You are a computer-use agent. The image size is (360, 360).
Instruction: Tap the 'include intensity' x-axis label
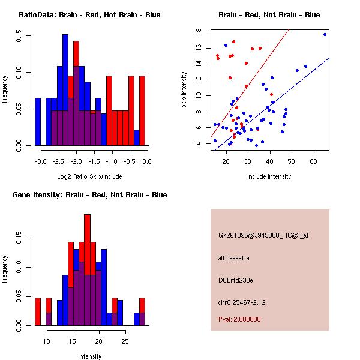pos(269,176)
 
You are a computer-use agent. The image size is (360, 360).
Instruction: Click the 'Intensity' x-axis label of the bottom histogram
pos(89,356)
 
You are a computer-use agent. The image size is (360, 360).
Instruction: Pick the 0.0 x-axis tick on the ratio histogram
pos(146,161)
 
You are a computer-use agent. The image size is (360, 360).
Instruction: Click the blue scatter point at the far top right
pos(325,35)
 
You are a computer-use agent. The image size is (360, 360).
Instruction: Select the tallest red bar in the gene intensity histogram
pos(88,240)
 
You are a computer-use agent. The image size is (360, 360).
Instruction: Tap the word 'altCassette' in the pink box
pos(234,258)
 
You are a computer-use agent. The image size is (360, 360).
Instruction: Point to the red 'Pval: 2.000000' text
pos(239,319)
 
